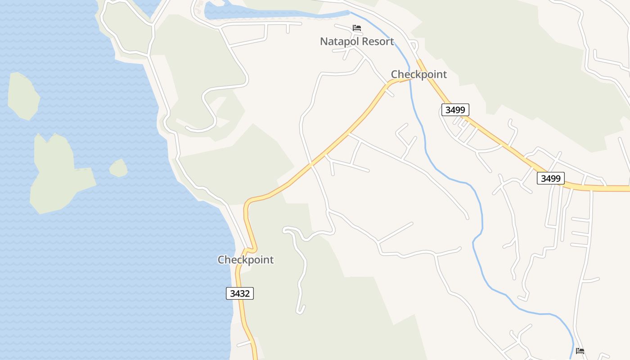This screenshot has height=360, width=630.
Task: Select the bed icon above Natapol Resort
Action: tap(357, 28)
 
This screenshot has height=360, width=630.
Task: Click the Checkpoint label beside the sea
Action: tap(246, 260)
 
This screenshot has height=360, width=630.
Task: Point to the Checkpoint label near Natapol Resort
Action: tap(418, 74)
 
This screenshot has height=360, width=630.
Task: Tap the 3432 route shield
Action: tap(239, 293)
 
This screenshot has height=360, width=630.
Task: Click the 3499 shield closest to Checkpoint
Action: tap(455, 109)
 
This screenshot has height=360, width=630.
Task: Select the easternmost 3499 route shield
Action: tap(550, 178)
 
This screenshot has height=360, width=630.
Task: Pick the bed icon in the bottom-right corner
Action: tap(580, 351)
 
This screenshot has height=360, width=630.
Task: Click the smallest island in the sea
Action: tap(118, 168)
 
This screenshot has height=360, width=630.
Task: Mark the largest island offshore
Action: tap(58, 173)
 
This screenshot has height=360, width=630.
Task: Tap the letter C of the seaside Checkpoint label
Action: tap(221, 260)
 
